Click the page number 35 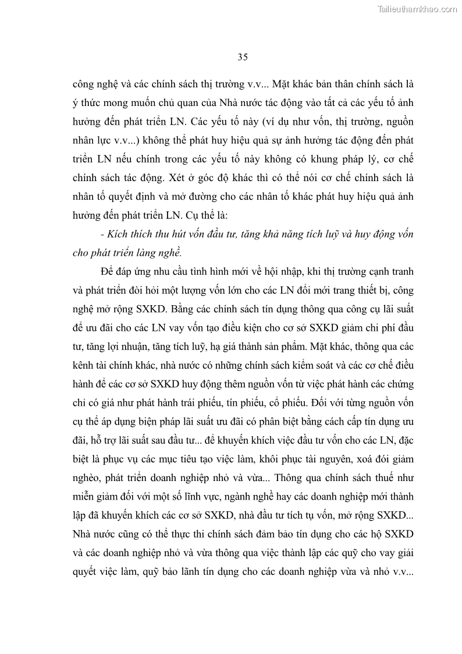pyautogui.click(x=243, y=56)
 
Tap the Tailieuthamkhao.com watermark pyautogui.click(x=418, y=9)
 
